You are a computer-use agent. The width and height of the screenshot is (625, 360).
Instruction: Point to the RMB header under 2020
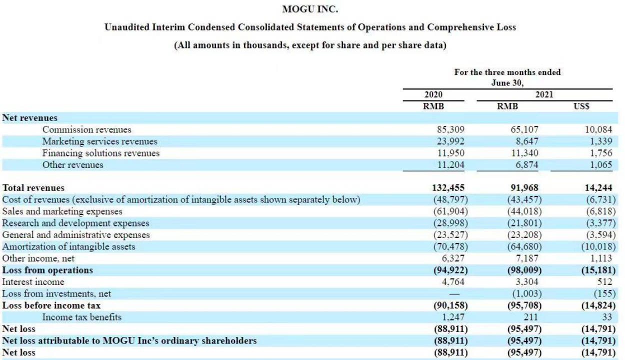coord(433,106)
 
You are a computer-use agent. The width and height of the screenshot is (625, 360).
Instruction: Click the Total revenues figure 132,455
coord(448,188)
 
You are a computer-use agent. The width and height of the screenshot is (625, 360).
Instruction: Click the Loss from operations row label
coord(47,270)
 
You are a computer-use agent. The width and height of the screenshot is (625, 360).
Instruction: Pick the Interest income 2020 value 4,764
coord(452,281)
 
